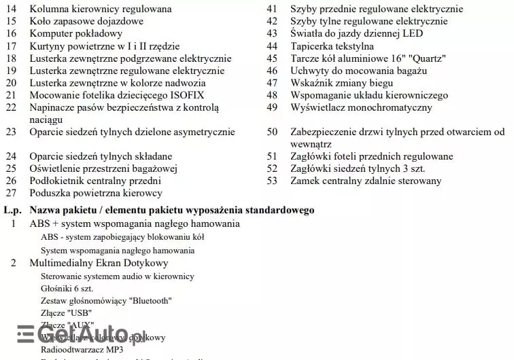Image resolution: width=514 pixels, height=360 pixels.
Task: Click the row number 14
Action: pos(11,10)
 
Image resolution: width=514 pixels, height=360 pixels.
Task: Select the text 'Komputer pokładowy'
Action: pos(76,34)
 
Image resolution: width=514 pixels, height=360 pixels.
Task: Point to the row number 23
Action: pos(11,132)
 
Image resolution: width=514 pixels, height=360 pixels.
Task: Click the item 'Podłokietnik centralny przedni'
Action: pos(95,181)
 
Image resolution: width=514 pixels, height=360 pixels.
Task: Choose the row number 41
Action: pos(272,10)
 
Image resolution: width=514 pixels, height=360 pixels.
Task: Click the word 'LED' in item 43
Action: pos(413,34)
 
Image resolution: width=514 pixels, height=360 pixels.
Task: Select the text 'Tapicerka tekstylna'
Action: pos(332,46)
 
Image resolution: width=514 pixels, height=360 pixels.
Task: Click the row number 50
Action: pos(272,132)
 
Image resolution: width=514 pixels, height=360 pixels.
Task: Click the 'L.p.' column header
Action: pos(13,211)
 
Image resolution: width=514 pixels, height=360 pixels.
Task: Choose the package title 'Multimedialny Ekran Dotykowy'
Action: pos(99,263)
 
